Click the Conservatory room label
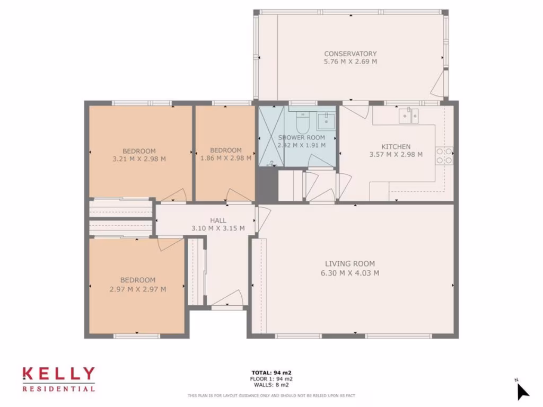tap(351, 54)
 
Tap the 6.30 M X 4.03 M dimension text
tap(350, 273)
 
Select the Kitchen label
tap(396, 147)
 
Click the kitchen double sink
tap(409, 114)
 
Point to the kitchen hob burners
tap(444, 155)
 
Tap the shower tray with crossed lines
tap(271, 136)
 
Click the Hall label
tap(218, 220)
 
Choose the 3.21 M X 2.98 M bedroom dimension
tap(139, 158)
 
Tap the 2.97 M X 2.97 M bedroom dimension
tap(138, 289)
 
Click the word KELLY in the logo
tap(58, 375)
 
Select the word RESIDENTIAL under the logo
tap(58, 389)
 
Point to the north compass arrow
tap(522, 391)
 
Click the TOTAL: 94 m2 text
tap(271, 373)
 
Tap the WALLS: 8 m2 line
tap(271, 385)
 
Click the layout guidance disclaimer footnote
tap(271, 395)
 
